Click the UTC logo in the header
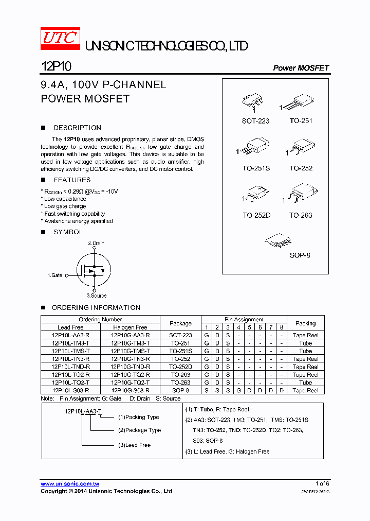[60, 38]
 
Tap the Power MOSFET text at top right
[301, 68]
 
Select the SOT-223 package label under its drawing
[255, 121]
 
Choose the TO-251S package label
[255, 168]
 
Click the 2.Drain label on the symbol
[96, 243]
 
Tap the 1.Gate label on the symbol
[55, 275]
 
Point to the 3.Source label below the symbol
[97, 296]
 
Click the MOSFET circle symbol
[94, 269]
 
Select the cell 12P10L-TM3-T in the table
[70, 343]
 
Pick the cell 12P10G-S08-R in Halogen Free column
[130, 390]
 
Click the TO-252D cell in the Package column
[180, 367]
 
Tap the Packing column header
[305, 323]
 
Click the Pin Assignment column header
[244, 319]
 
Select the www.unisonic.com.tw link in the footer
[70, 484]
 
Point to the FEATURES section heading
[72, 180]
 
